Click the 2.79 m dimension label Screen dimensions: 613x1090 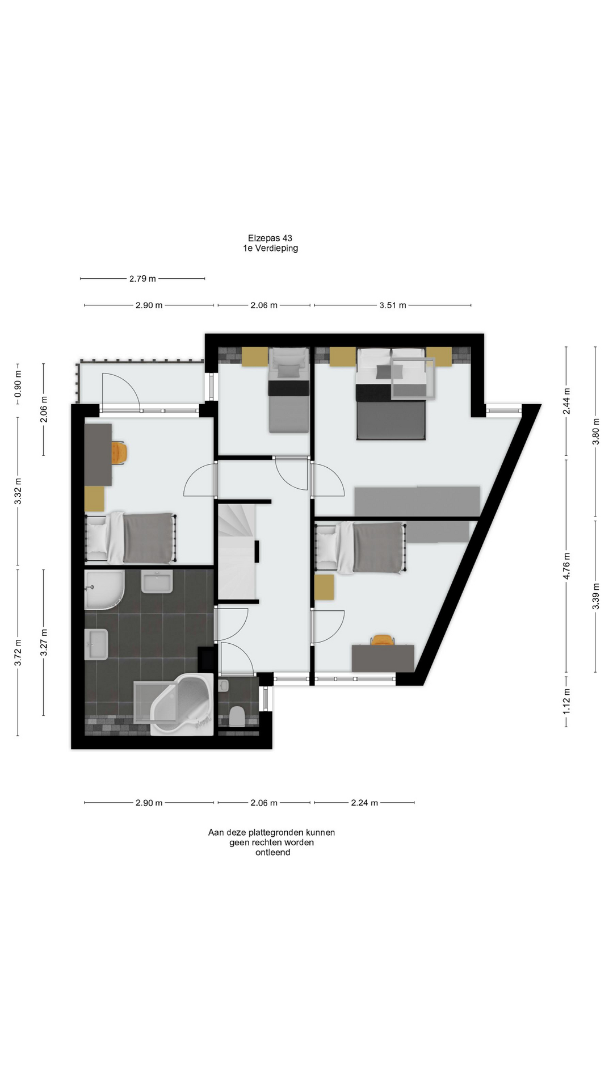(142, 279)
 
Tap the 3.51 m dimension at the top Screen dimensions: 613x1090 (393, 305)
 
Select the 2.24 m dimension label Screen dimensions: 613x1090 (364, 803)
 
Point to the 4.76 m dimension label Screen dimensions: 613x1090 (566, 566)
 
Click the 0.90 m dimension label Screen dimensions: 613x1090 (18, 384)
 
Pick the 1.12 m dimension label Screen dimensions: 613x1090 (566, 702)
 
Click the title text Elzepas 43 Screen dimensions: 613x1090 (270, 238)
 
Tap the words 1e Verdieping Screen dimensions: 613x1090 (271, 248)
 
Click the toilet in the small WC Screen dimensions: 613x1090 (237, 716)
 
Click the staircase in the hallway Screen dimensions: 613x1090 (237, 551)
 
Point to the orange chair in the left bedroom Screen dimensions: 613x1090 (119, 452)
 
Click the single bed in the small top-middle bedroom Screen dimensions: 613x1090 (289, 390)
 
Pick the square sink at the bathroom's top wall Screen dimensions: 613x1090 (157, 582)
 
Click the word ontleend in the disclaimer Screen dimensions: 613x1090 (272, 852)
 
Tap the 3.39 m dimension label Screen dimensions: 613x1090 (596, 596)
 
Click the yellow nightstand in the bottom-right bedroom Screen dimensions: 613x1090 (324, 587)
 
